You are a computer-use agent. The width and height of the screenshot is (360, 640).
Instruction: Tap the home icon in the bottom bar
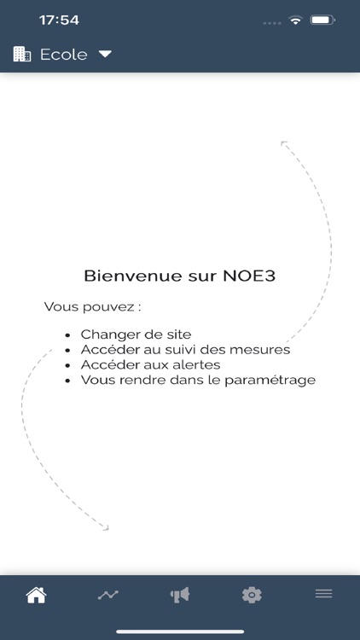point(36,595)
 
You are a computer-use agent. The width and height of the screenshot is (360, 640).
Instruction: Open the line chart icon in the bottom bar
point(107,595)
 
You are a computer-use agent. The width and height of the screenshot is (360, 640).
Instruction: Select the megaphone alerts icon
point(179,595)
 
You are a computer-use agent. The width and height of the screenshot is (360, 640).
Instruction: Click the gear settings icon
point(252,595)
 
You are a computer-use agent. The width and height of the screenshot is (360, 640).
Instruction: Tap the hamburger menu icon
point(323,594)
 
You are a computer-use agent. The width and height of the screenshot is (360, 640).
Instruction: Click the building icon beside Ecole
point(22,55)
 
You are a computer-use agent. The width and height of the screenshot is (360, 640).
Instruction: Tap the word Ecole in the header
point(63,55)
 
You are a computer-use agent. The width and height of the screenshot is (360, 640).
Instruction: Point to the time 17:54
point(59,20)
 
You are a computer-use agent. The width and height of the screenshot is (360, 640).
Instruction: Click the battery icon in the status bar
point(322,20)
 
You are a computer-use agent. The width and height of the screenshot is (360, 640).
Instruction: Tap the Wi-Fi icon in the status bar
point(296,20)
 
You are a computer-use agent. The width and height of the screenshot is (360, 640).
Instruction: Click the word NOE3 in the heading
point(251,276)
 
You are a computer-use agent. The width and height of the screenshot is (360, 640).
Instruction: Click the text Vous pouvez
point(92,306)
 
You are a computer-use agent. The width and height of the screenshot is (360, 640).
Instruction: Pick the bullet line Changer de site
point(136,335)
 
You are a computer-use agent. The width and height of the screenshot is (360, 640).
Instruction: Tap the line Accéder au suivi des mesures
point(185,350)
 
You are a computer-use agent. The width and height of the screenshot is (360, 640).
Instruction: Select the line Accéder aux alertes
point(150,364)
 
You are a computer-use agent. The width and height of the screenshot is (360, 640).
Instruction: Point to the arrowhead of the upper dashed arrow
point(283,143)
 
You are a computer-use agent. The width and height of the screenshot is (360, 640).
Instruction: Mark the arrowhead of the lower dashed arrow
point(106,528)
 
